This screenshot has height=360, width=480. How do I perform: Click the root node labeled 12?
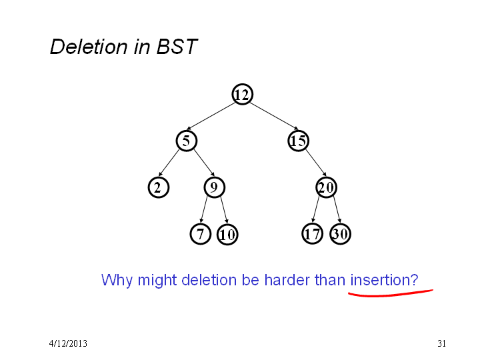pos(242,94)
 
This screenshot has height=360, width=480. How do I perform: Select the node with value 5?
pos(186,141)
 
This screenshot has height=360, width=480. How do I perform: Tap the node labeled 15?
pos(298,141)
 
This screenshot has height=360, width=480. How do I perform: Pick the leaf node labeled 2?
pos(158,187)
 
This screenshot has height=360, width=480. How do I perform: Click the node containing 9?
pos(214,187)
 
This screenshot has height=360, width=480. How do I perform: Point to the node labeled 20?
pos(326,187)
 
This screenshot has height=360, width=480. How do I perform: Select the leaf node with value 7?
pos(200,234)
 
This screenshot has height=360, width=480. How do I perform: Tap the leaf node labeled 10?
pos(227,235)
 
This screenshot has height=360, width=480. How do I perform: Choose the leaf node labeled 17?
pos(312,234)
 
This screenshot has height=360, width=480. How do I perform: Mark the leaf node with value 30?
pos(340,234)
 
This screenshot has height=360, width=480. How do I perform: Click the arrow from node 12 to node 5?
pos(211,116)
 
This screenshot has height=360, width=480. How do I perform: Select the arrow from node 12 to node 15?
pos(274,116)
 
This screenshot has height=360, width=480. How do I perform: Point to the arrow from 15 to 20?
pos(315,163)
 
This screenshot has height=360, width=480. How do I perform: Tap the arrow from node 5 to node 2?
pos(169,163)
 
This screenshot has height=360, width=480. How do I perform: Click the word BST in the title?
pos(177,47)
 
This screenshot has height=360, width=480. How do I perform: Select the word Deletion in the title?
pos(89,47)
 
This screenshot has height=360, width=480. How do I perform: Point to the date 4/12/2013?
pos(68,343)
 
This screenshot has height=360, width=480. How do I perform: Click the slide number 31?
pos(441,343)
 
